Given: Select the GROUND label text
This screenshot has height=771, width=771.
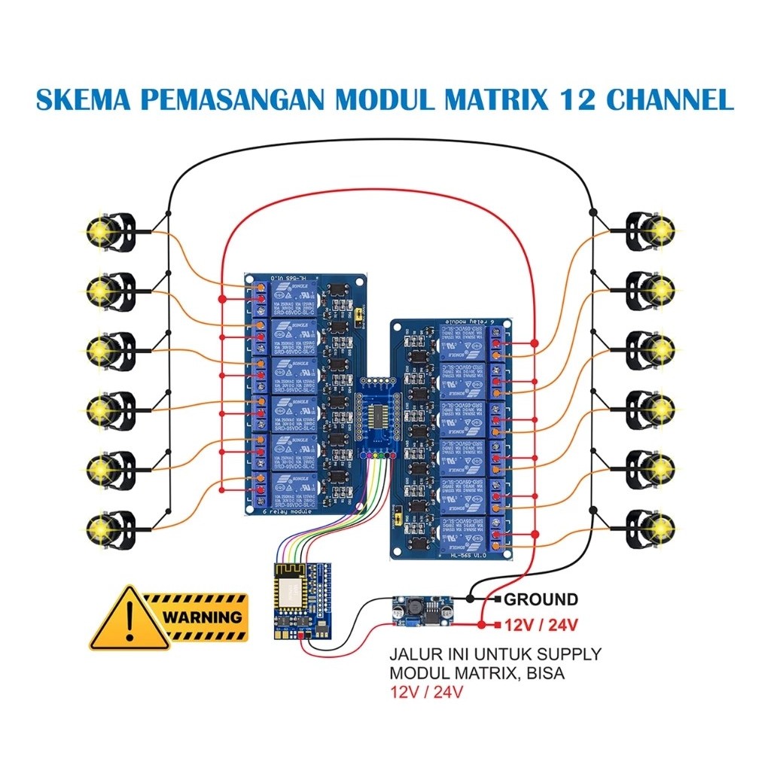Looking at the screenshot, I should click(541, 599).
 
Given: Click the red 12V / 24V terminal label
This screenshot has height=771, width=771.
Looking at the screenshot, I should click(541, 624).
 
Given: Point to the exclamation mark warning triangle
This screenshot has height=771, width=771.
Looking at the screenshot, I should click(129, 619).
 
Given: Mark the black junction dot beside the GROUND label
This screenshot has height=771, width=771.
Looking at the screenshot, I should click(470, 599).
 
